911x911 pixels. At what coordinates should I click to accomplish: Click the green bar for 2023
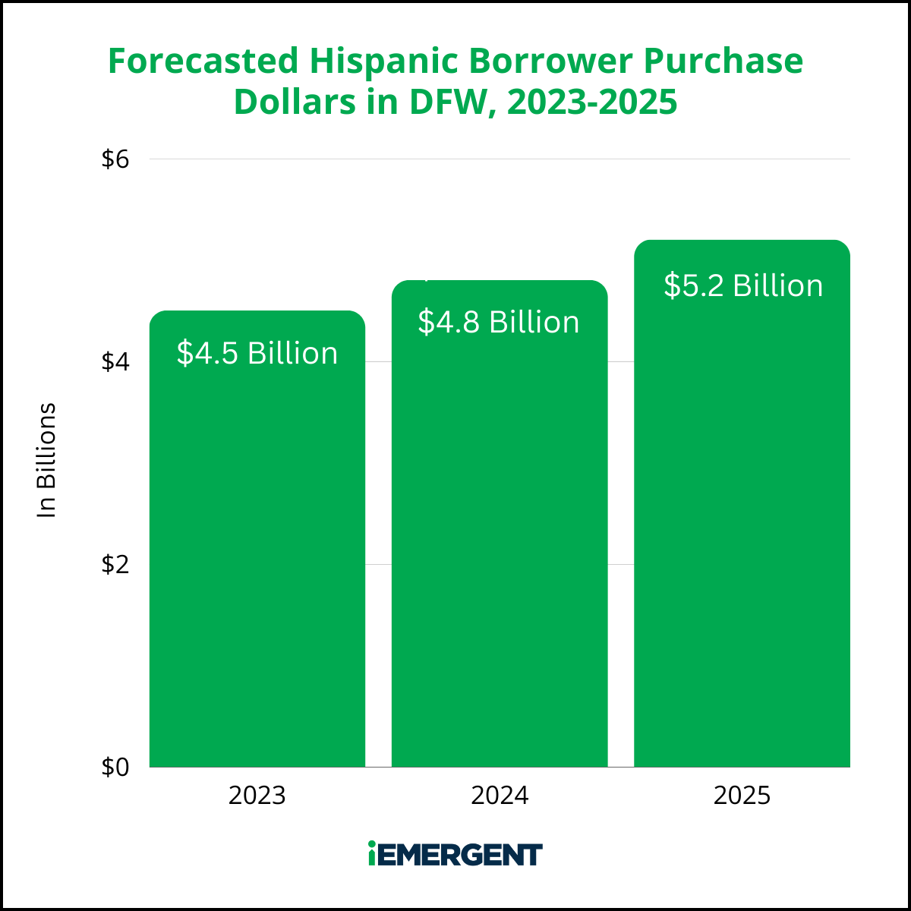pos(257,538)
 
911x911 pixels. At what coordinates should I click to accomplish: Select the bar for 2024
pos(500,523)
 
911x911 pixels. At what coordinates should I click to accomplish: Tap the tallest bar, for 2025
pos(742,503)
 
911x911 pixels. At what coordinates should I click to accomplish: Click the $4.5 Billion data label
pos(257,353)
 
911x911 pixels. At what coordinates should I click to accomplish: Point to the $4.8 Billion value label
pos(499,323)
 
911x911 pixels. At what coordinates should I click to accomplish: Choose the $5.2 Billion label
pos(743,285)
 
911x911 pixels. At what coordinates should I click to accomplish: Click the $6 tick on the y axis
pos(115,159)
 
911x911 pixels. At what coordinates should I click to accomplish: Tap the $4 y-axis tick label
pos(115,362)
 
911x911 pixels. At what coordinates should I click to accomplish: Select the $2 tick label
pos(115,565)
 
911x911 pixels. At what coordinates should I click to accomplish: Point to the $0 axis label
pos(115,767)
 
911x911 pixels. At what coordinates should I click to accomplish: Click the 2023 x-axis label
pos(257,795)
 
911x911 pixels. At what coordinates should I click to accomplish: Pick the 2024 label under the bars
pos(500,795)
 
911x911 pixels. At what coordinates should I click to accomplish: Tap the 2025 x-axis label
pos(742,795)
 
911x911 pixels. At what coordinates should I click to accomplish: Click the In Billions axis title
pos(46,460)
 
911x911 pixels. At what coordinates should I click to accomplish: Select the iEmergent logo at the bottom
pos(455,853)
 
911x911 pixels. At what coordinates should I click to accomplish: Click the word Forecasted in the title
pos(203,61)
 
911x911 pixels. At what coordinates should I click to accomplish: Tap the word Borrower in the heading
pos(550,61)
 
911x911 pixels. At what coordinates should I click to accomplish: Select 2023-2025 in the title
pos(592,102)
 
